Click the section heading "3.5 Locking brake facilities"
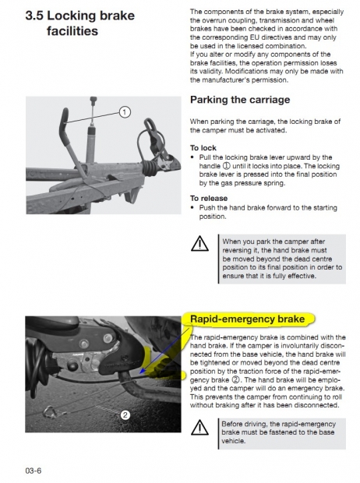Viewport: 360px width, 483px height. pos(80,23)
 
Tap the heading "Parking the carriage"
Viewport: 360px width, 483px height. pos(240,100)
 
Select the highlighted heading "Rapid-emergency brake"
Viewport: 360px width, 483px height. pos(247,319)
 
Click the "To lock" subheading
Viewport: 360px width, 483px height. pos(203,148)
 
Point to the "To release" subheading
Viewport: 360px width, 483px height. pos(209,199)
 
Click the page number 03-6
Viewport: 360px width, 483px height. pos(34,471)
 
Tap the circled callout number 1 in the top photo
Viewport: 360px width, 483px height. pos(125,112)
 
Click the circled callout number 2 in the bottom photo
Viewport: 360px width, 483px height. pos(125,415)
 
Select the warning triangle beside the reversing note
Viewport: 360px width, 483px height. pos(199,244)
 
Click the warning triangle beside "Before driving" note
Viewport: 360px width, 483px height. pos(199,427)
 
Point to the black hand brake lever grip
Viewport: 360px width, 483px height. pos(65,126)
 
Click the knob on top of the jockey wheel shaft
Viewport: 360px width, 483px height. pos(94,100)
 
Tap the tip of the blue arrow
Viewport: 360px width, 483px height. pos(139,373)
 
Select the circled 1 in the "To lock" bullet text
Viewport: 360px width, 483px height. pos(226,166)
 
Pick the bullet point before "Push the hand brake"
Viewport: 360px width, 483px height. pos(192,207)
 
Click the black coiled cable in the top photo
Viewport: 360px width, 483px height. pos(150,167)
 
